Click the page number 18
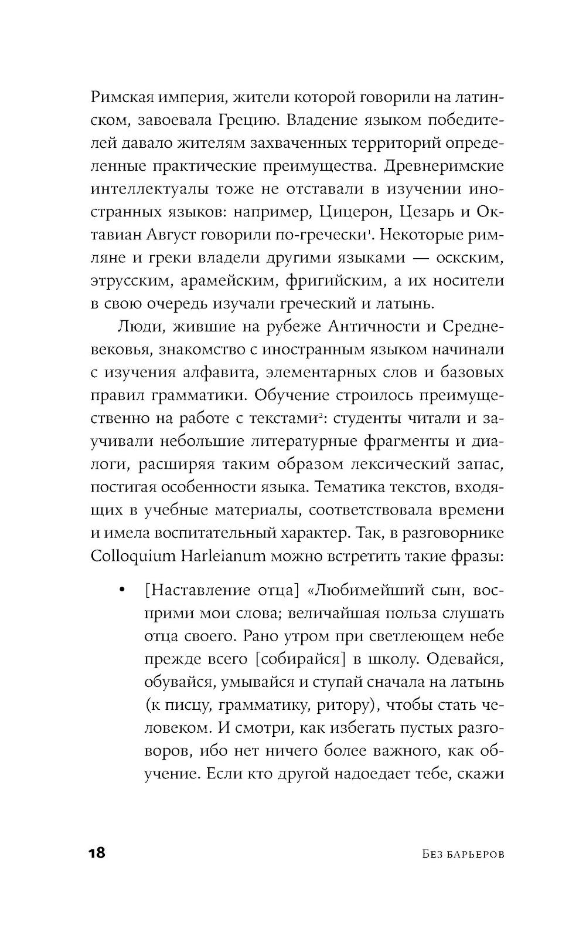[x=97, y=852]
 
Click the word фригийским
[x=333, y=281]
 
